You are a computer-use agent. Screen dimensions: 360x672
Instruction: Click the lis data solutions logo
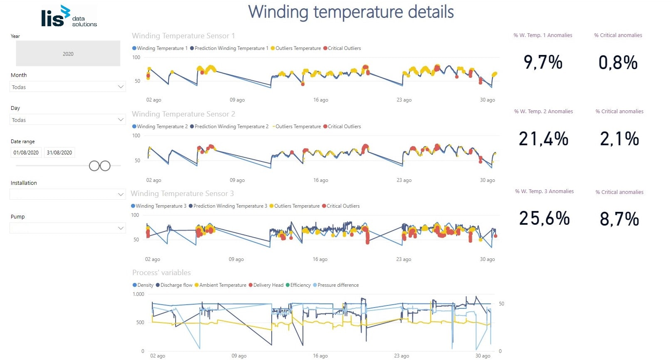click(69, 17)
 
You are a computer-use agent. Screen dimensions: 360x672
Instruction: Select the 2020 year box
click(68, 54)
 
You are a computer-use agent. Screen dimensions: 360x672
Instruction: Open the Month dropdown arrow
click(121, 87)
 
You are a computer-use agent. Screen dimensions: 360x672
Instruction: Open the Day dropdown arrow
click(121, 120)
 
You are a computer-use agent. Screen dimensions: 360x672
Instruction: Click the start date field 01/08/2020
click(26, 153)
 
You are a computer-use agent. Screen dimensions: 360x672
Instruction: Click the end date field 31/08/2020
click(60, 153)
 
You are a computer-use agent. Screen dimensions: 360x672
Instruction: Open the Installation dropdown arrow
click(121, 194)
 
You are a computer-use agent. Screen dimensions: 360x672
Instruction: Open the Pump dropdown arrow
click(121, 228)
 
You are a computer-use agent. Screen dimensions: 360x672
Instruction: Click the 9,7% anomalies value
click(543, 62)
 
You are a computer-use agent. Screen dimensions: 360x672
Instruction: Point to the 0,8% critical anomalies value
click(618, 63)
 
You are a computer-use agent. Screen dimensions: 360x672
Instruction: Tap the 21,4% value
click(543, 139)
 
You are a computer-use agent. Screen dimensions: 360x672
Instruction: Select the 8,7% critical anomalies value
click(619, 219)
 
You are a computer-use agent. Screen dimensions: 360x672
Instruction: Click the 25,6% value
click(544, 218)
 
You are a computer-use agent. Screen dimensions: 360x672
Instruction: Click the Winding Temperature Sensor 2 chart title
click(183, 114)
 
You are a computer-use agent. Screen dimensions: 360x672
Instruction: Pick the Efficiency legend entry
click(300, 285)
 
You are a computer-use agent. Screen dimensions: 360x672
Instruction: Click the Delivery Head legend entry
click(268, 285)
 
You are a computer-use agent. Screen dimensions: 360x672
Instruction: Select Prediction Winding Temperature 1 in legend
click(231, 48)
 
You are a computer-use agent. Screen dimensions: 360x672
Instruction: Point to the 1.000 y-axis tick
click(139, 294)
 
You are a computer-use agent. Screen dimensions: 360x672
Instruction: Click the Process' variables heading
click(161, 273)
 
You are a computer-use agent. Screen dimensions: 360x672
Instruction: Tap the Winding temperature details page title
click(351, 12)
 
